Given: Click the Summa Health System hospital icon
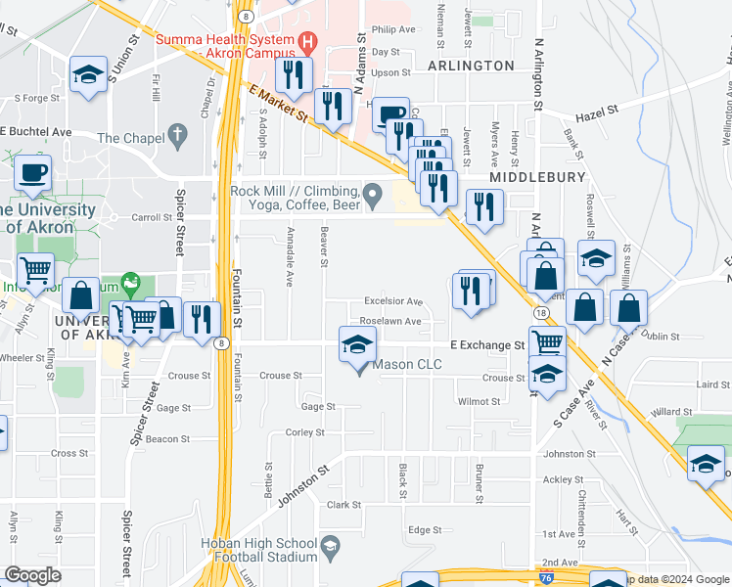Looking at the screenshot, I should (308, 42).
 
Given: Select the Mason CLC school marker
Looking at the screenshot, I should (357, 344).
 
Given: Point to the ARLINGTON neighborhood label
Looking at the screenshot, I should (471, 66).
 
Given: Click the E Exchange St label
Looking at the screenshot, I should (487, 345).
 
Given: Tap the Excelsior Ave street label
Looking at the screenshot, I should (392, 302).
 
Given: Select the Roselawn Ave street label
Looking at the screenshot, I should (389, 321).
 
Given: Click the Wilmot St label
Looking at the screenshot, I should (480, 401).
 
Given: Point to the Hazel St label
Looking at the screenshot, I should (600, 113).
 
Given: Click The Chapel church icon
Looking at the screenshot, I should (177, 136).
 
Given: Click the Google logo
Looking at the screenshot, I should (33, 575).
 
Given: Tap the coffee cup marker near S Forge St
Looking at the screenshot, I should (32, 172).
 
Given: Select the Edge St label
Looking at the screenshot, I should (425, 529).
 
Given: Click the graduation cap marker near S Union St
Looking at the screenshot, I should (87, 75).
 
